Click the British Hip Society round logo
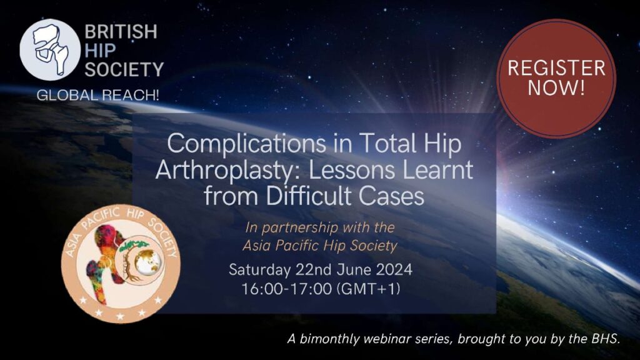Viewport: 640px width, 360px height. coord(50,50)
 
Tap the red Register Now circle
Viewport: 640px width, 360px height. coord(556,78)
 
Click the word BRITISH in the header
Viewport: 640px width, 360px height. coord(121,31)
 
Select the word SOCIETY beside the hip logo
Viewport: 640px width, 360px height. coord(124,69)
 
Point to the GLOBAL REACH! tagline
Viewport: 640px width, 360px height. coord(98,95)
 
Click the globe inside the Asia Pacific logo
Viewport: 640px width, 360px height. coord(147,261)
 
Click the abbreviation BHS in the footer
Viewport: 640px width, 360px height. coord(605,338)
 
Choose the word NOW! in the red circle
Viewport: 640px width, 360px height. coord(556,88)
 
